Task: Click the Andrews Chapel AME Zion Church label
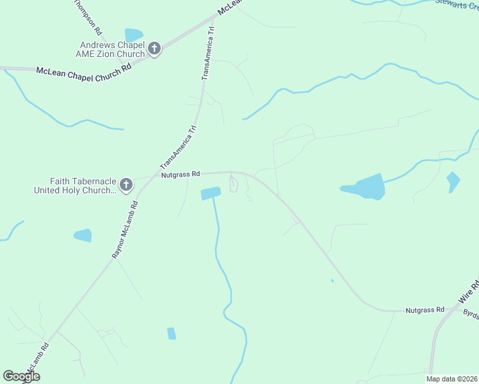pyautogui.click(x=112, y=49)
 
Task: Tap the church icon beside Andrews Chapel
pyautogui.click(x=154, y=49)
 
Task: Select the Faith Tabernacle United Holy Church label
pyautogui.click(x=75, y=186)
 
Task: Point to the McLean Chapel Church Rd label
pyautogui.click(x=83, y=71)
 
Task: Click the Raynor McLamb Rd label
pyautogui.click(x=126, y=228)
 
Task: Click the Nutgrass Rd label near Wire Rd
pyautogui.click(x=425, y=310)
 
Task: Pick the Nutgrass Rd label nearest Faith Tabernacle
pyautogui.click(x=181, y=173)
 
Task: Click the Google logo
pyautogui.click(x=22, y=376)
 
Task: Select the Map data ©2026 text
pyautogui.click(x=452, y=379)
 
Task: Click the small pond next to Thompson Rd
pyautogui.click(x=134, y=35)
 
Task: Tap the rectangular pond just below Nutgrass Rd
pyautogui.click(x=211, y=193)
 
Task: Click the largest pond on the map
pyautogui.click(x=366, y=187)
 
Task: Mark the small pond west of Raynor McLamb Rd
pyautogui.click(x=83, y=236)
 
